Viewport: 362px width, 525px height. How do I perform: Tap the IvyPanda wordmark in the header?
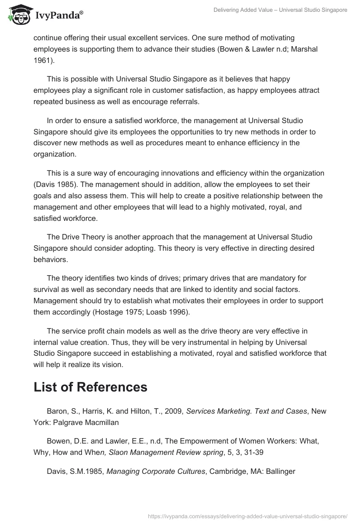coord(58,17)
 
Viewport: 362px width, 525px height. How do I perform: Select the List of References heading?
coord(90,387)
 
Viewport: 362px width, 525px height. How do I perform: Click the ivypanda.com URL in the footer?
coord(248,515)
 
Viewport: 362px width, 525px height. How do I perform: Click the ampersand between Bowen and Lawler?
coord(259,49)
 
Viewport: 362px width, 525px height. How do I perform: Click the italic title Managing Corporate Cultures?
coord(156,471)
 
